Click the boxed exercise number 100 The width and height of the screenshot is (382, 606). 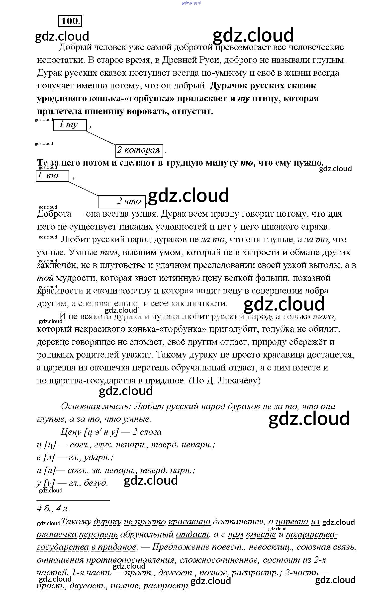[70, 21]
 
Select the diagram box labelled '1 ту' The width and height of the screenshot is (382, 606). [70, 125]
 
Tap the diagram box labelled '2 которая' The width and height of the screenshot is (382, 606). [139, 150]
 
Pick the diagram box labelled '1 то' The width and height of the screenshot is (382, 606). [52, 176]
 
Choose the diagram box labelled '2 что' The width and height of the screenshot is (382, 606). [121, 202]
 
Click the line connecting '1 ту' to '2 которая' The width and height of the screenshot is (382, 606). [101, 138]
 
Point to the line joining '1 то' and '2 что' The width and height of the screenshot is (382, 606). [83, 188]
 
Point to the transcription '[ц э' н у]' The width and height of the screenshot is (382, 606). [101, 432]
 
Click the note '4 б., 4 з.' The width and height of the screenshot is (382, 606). [53, 509]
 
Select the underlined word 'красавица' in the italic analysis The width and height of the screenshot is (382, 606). [189, 522]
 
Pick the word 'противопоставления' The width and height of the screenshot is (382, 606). [130, 560]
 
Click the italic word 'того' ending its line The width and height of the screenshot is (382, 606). [324, 316]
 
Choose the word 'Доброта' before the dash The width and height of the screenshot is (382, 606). [54, 214]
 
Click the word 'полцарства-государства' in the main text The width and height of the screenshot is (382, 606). [86, 380]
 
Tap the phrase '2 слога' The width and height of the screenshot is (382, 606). [147, 432]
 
